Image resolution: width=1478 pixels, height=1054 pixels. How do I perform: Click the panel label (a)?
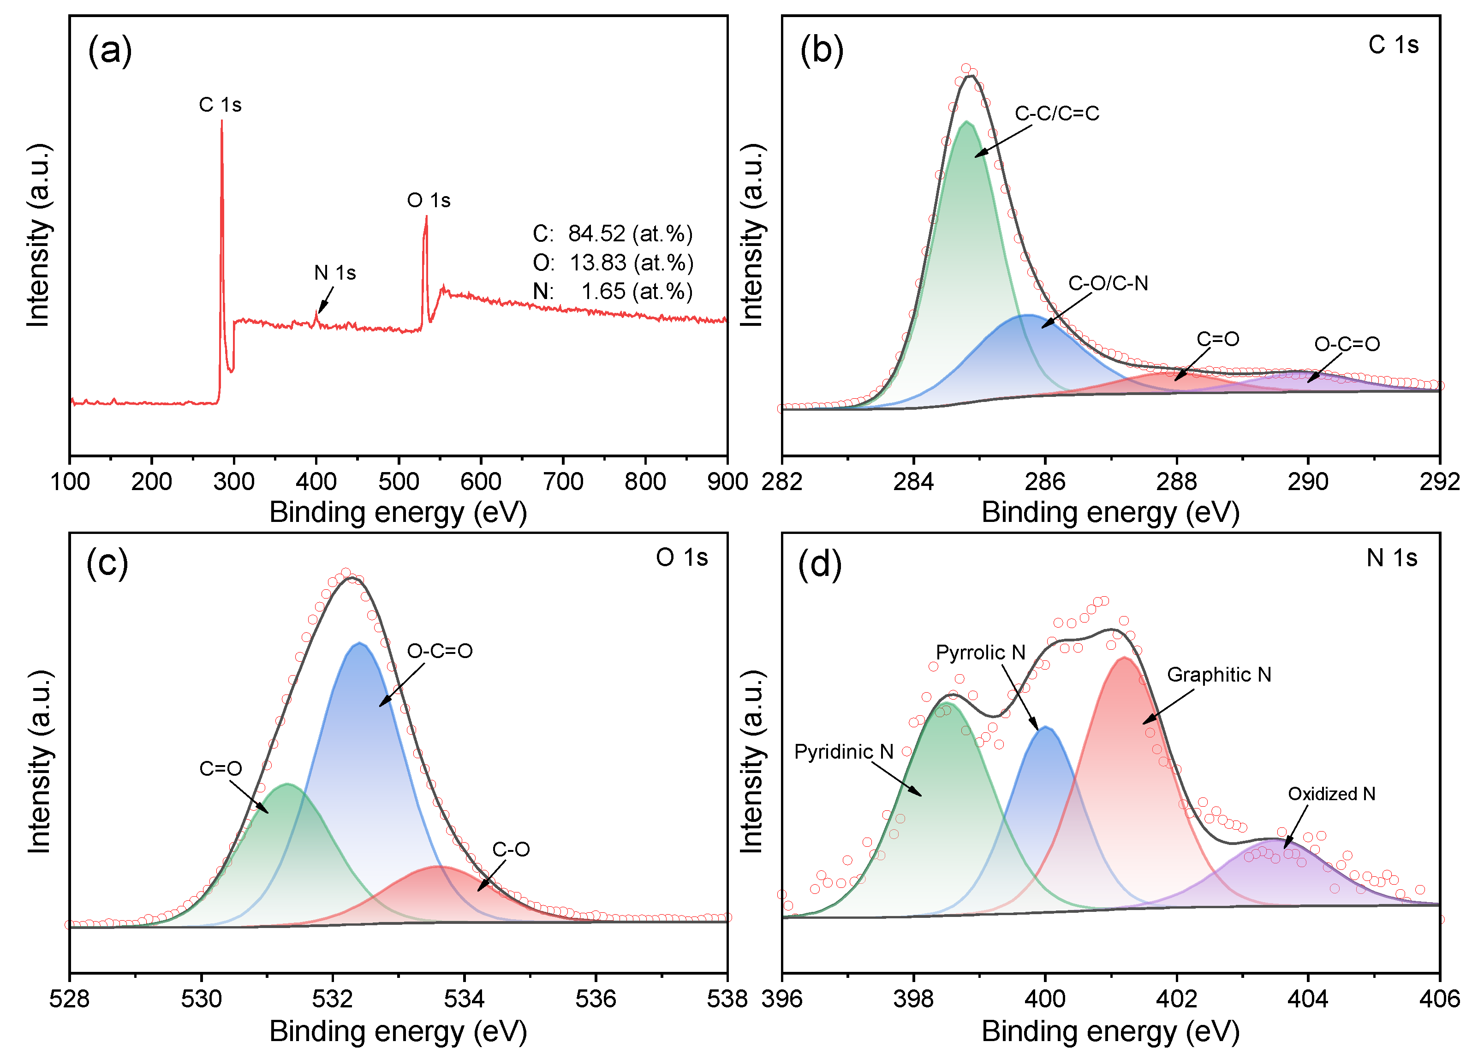coord(110,51)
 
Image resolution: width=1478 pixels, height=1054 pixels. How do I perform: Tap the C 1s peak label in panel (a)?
coord(220,105)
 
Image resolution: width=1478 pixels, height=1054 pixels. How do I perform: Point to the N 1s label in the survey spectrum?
coord(335,273)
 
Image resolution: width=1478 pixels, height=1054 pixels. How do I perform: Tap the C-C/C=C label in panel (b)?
coord(1057,114)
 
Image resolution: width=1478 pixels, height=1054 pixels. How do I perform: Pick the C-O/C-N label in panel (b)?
coord(1108,284)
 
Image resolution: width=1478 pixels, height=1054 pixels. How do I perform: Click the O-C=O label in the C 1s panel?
coord(1347,344)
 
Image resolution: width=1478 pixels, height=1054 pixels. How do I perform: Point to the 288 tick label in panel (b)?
coord(1176,482)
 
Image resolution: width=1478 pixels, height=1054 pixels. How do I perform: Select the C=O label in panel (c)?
coord(221,768)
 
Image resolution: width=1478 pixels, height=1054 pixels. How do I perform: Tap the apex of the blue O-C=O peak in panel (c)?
coord(359,643)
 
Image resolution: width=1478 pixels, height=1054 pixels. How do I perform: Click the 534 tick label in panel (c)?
coord(464,999)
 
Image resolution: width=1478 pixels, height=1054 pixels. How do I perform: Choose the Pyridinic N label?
coord(843,752)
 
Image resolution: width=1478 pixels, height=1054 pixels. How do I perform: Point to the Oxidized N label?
coord(1331,794)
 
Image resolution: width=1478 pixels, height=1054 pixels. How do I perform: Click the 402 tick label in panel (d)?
coord(1176,999)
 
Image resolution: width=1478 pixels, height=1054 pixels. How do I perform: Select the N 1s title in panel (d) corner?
coord(1392,558)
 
